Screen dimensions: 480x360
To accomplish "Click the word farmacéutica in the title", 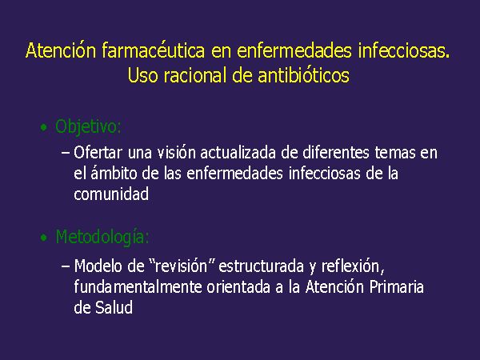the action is (153, 50).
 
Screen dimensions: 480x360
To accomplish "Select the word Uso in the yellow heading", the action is (142, 75).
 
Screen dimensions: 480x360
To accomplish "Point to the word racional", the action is (197, 75).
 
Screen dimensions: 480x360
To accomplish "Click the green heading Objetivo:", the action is (88, 126).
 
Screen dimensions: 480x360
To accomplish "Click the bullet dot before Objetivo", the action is (44, 127).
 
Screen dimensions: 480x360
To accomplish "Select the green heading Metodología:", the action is (102, 237).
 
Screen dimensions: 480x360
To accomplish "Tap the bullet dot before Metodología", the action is (44, 238).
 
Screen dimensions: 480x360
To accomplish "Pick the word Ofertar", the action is (98, 153).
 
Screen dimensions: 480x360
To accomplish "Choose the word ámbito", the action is (114, 174).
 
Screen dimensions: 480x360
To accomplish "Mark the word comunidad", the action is (111, 194).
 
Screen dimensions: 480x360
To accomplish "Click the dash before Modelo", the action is (66, 266).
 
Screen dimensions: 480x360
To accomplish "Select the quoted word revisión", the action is (182, 266).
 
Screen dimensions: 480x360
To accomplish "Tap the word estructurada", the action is (261, 266).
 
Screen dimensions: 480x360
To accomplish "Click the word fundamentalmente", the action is (138, 287).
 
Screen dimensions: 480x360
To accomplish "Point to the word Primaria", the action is (397, 287).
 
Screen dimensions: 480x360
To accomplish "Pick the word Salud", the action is (114, 307).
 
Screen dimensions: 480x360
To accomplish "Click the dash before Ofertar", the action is (66, 153).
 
